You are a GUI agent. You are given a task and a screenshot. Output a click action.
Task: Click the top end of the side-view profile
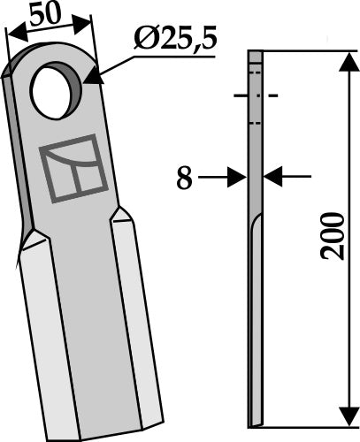click(x=256, y=56)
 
